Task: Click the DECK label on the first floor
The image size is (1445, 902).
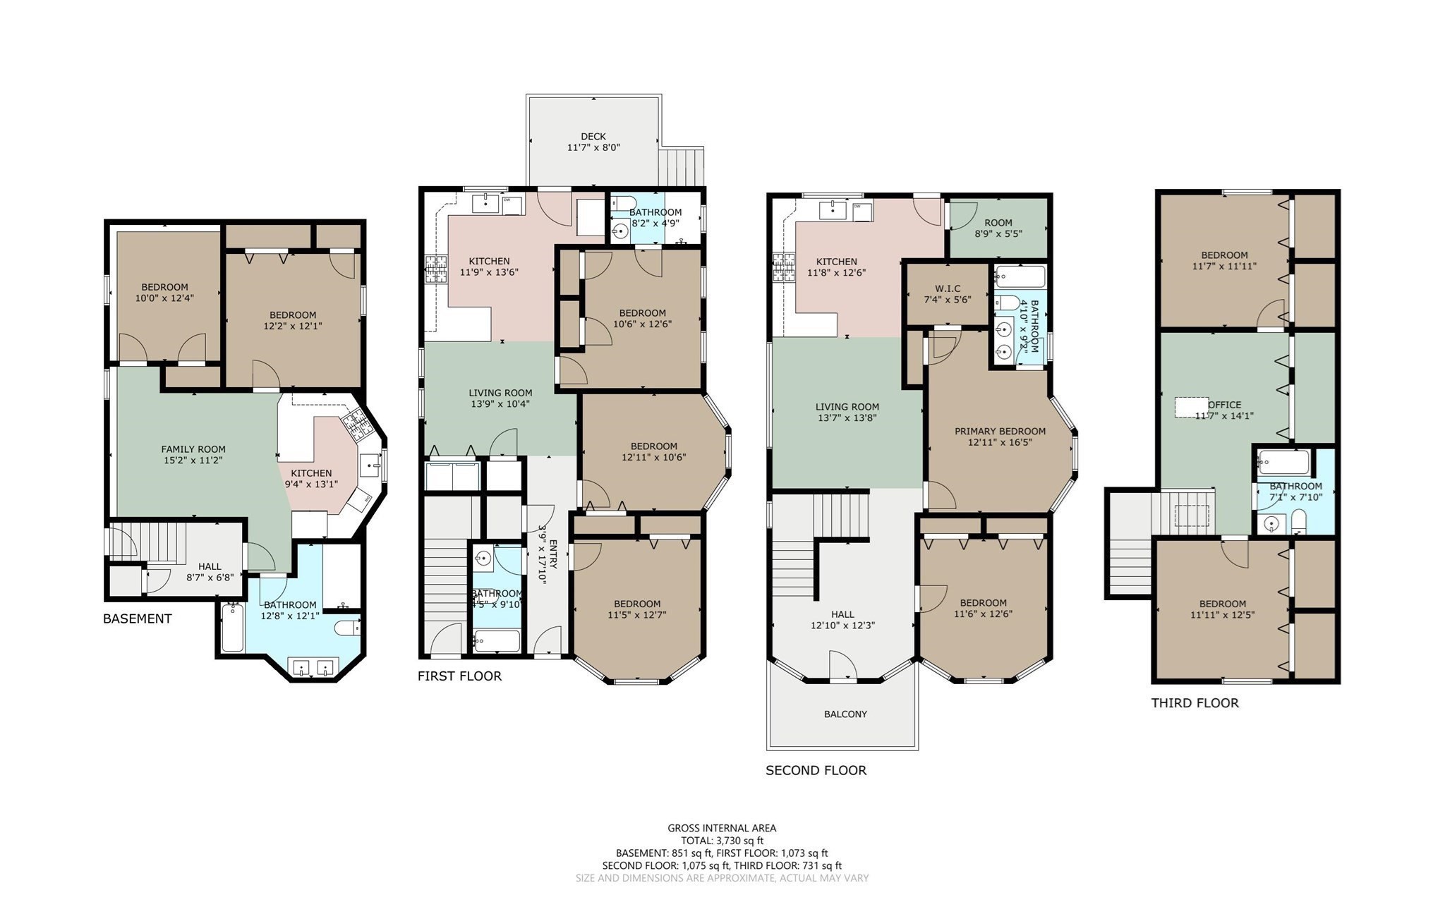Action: tap(593, 136)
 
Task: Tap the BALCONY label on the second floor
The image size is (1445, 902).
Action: tap(845, 714)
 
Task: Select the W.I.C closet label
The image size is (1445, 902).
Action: tap(948, 288)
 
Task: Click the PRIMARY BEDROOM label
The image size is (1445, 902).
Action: tap(1000, 431)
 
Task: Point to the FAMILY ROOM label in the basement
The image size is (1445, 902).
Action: tap(193, 449)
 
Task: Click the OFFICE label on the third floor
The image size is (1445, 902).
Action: tap(1225, 405)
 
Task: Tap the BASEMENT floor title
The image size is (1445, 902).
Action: tap(138, 618)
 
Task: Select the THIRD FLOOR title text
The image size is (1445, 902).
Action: tap(1195, 702)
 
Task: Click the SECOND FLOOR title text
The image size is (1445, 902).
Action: tap(816, 770)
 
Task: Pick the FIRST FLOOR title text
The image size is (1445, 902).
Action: tap(459, 676)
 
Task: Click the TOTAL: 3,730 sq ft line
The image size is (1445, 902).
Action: tap(722, 840)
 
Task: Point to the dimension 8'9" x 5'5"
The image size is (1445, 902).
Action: tap(998, 233)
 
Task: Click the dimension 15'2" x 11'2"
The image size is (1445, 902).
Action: tap(193, 461)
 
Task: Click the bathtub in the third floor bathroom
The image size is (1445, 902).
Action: tap(1283, 463)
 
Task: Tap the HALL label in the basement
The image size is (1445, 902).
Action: tap(210, 566)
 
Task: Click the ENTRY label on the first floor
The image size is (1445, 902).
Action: tap(554, 554)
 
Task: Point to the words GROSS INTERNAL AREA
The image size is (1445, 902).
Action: tap(722, 828)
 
